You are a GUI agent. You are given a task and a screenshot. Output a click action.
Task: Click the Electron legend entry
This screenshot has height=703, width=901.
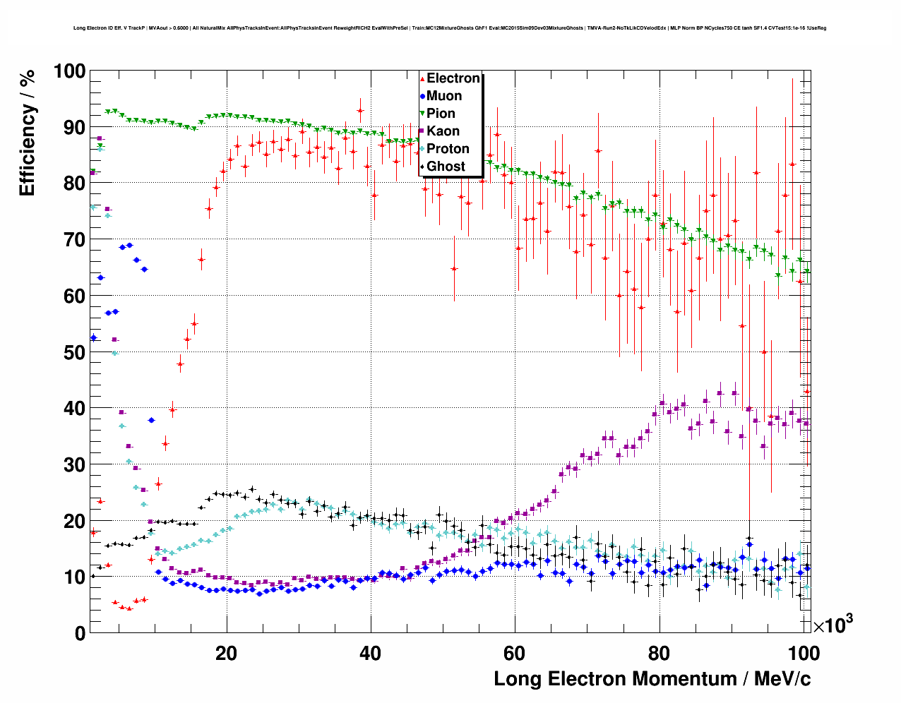453,78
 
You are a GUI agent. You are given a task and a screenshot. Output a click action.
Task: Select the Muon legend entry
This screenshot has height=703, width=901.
443,96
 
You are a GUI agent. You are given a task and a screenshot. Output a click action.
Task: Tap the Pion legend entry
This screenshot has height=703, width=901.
441,114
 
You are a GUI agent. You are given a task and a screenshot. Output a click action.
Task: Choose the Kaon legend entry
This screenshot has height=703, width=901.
443,131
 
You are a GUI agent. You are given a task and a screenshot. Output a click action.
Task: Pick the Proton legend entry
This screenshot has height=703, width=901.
448,149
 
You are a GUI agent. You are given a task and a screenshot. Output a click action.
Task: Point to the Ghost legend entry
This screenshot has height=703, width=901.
446,167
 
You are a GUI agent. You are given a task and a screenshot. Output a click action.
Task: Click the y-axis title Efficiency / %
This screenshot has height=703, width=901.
27,133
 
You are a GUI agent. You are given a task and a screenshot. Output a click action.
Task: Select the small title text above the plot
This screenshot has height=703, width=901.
450,28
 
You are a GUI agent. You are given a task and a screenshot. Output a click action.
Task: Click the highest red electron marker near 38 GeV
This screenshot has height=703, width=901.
360,111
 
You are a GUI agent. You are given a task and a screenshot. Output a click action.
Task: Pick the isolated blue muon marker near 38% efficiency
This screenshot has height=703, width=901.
151,420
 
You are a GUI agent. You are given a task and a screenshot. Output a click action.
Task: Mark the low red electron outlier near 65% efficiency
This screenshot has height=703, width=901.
454,269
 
